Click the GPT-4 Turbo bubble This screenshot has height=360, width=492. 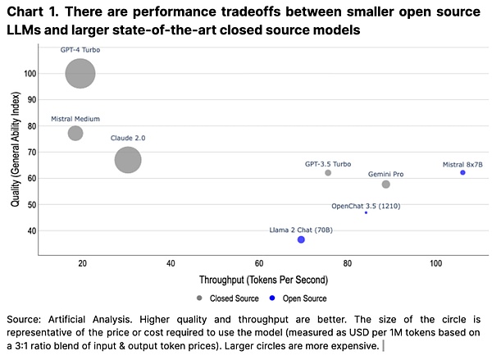tap(80, 74)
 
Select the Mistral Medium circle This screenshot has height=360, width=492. tap(75, 133)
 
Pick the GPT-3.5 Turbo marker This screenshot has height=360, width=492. tap(328, 173)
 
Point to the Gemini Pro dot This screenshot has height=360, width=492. tap(386, 185)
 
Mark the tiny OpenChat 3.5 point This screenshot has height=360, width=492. tap(367, 212)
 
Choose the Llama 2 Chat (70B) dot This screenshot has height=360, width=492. tap(301, 239)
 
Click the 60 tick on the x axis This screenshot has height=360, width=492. tap(259, 265)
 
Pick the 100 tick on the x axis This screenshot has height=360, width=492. tap(435, 265)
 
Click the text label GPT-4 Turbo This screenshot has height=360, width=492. tap(80, 50)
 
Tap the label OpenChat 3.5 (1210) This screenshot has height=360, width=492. tap(367, 205)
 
